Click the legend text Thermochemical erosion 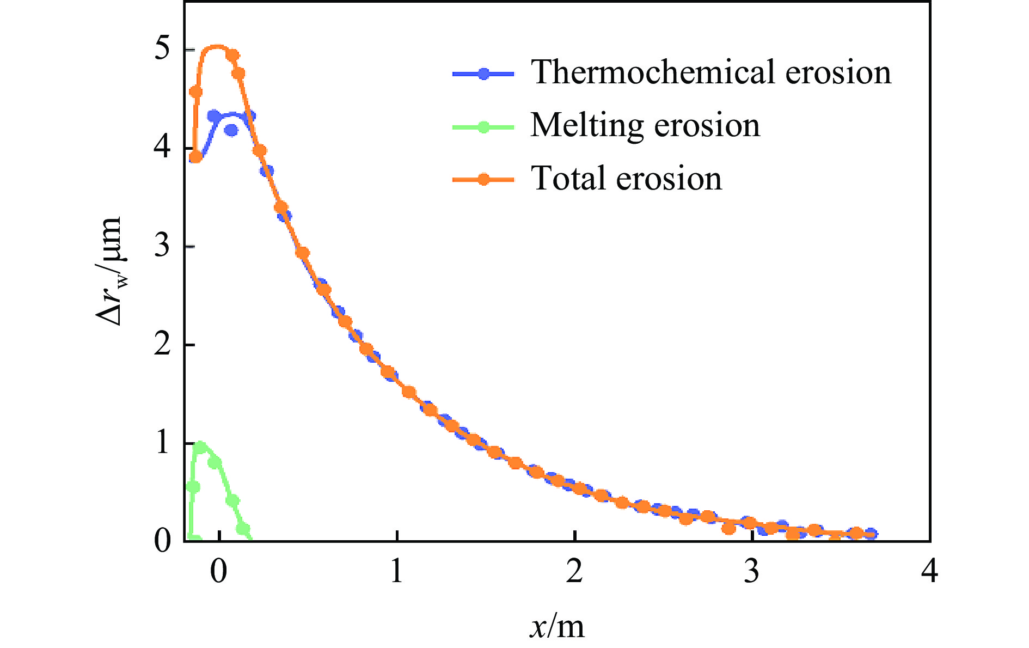click(711, 72)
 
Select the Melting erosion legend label click(645, 126)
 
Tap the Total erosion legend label click(626, 179)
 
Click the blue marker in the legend click(483, 74)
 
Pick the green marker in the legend click(483, 127)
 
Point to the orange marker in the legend click(483, 180)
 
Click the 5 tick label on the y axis click(162, 50)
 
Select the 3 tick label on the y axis click(162, 247)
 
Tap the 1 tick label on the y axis click(162, 443)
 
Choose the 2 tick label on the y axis click(162, 345)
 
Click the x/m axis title click(556, 626)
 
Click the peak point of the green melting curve click(200, 447)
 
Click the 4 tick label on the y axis click(162, 149)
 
